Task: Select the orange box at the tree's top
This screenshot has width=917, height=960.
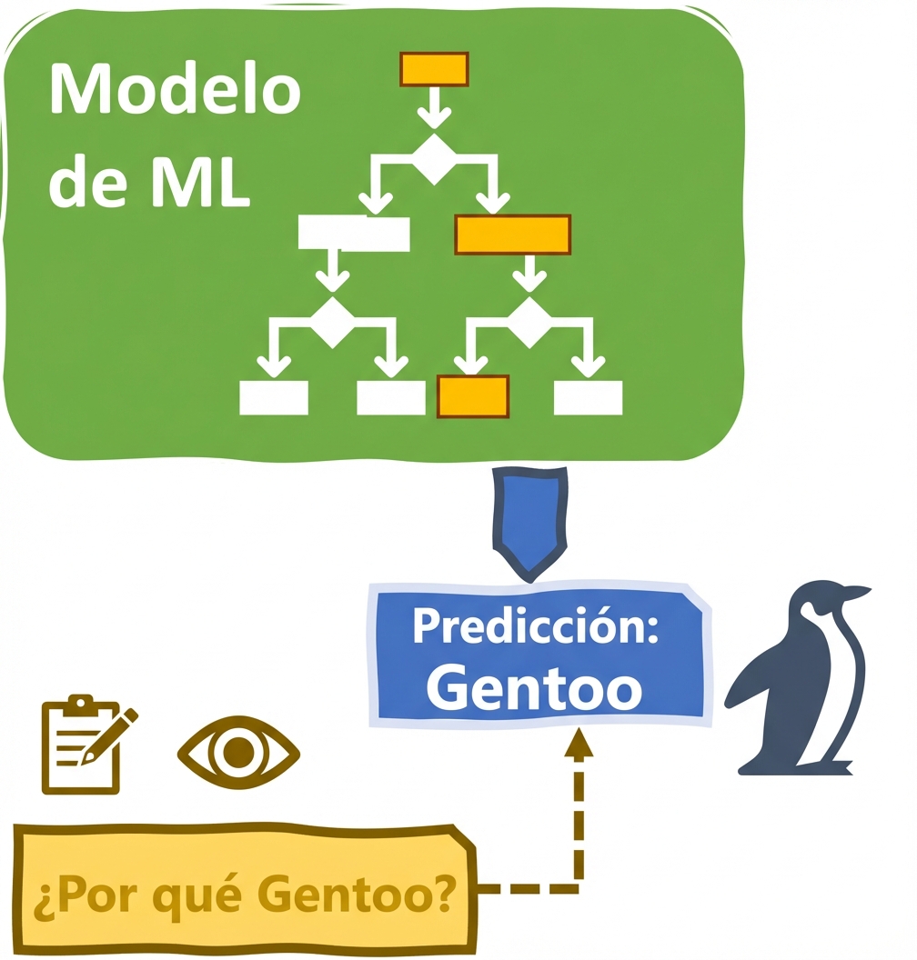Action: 434,69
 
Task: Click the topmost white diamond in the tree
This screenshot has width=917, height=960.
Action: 434,160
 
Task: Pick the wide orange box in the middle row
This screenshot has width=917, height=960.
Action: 512,235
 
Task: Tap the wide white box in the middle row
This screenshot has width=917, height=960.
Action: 354,234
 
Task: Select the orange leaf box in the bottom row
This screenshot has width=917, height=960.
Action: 472,396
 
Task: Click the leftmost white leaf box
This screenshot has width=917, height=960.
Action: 273,397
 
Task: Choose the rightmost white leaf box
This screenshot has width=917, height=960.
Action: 588,397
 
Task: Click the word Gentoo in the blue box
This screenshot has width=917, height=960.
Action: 535,688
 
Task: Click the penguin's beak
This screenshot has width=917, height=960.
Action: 856,594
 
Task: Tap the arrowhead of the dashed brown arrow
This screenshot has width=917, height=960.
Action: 579,745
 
